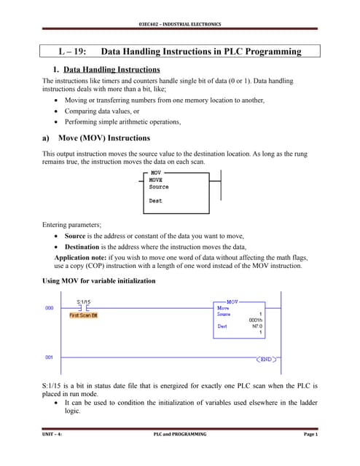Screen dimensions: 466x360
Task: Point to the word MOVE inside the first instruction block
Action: (x=157, y=180)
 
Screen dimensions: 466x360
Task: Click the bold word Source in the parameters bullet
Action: (x=75, y=237)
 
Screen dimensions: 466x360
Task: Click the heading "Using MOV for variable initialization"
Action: (x=109, y=281)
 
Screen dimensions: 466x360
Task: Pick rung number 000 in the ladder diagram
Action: (x=50, y=308)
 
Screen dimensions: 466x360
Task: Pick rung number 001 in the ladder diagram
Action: (x=50, y=357)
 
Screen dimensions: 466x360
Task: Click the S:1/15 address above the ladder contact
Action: (x=85, y=301)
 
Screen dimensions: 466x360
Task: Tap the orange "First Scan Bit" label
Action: (x=83, y=315)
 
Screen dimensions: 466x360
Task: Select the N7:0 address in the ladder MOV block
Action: (x=257, y=326)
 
